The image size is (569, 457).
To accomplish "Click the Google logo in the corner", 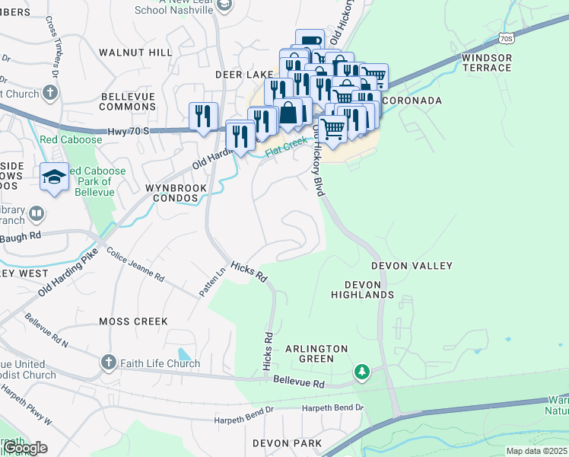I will [25, 448].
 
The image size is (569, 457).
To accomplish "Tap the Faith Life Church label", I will [160, 363].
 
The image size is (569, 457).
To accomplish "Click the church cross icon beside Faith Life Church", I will [109, 363].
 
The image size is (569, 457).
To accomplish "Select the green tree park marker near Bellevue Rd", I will [363, 372].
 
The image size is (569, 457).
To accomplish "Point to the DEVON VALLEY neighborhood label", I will [412, 266].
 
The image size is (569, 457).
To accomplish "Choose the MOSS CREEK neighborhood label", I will [133, 321].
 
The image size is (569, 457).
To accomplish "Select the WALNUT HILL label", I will [136, 53].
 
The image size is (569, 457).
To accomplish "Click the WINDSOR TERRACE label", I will [487, 62].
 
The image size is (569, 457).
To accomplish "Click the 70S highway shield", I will [507, 37].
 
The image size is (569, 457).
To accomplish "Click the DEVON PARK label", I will [288, 443].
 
